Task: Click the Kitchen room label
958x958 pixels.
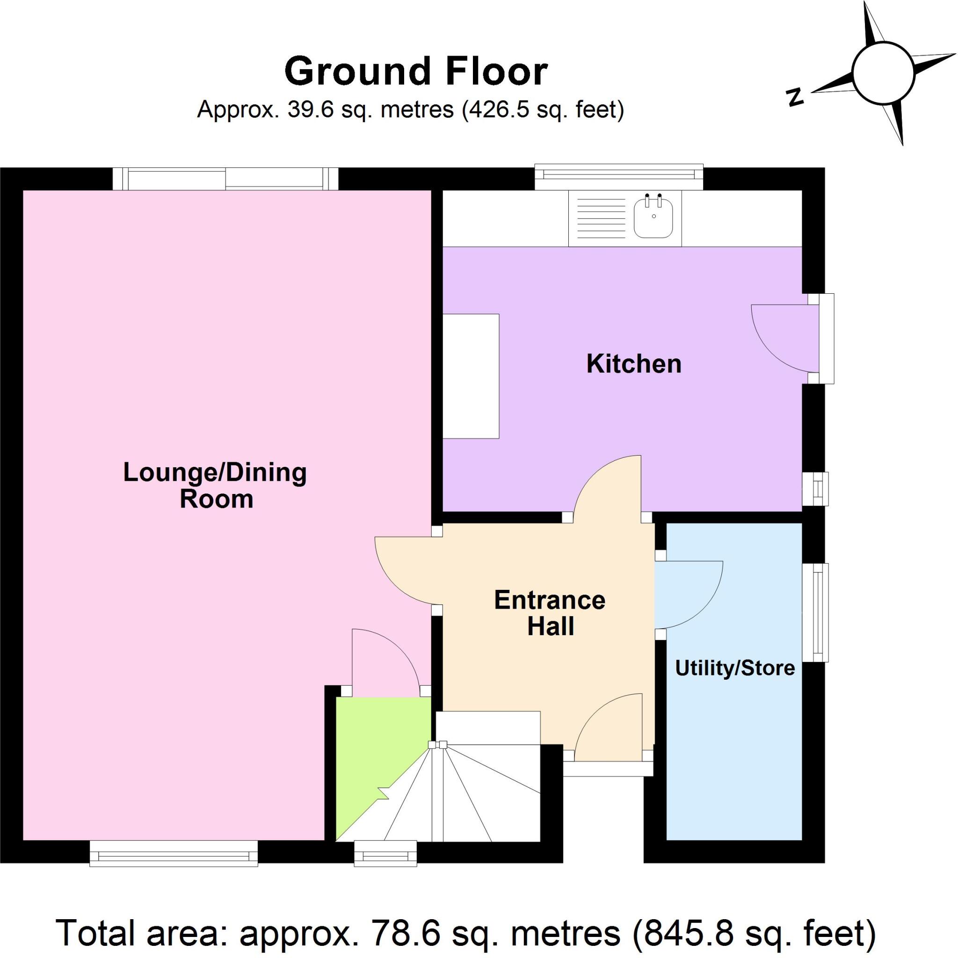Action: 633,364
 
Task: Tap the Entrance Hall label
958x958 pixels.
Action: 550,613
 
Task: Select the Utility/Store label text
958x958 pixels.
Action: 735,668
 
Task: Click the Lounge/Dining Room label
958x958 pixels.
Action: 215,486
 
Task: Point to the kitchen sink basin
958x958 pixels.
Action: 653,217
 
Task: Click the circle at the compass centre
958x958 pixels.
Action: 883,73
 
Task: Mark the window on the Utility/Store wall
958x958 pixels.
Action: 816,612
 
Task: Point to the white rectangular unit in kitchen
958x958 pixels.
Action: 471,376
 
